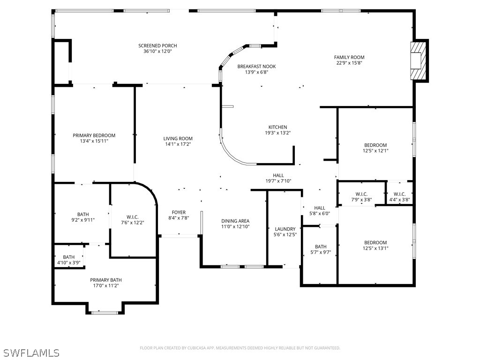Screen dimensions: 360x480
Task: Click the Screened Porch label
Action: pyautogui.click(x=157, y=45)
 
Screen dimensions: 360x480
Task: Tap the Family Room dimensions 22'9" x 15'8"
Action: pyautogui.click(x=349, y=63)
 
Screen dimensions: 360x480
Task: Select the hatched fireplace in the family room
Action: pyautogui.click(x=418, y=61)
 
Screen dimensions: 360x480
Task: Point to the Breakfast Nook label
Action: pyautogui.click(x=256, y=67)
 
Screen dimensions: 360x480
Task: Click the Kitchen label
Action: pyautogui.click(x=277, y=127)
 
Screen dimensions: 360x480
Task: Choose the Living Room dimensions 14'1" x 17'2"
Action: pyautogui.click(x=178, y=144)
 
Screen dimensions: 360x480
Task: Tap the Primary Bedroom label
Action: pyautogui.click(x=94, y=135)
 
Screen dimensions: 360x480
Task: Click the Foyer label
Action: pyautogui.click(x=179, y=212)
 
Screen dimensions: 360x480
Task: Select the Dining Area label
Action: pyautogui.click(x=235, y=221)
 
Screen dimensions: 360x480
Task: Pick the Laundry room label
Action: pyautogui.click(x=285, y=229)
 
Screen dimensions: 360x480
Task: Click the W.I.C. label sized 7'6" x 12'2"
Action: pyautogui.click(x=132, y=217)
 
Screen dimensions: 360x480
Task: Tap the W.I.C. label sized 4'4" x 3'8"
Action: pyautogui.click(x=399, y=194)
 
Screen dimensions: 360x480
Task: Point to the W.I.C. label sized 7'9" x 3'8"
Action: pyautogui.click(x=361, y=194)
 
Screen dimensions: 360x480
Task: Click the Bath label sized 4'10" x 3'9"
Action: pyautogui.click(x=69, y=257)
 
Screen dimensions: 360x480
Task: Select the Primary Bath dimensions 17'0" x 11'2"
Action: pyautogui.click(x=106, y=285)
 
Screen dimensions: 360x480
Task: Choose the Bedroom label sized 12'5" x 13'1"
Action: pyautogui.click(x=375, y=242)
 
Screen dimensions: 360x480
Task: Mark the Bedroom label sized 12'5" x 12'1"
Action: pyautogui.click(x=375, y=145)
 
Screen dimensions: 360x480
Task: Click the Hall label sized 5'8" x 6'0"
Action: pyautogui.click(x=320, y=208)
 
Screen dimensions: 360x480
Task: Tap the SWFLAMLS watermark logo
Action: pyautogui.click(x=31, y=352)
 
